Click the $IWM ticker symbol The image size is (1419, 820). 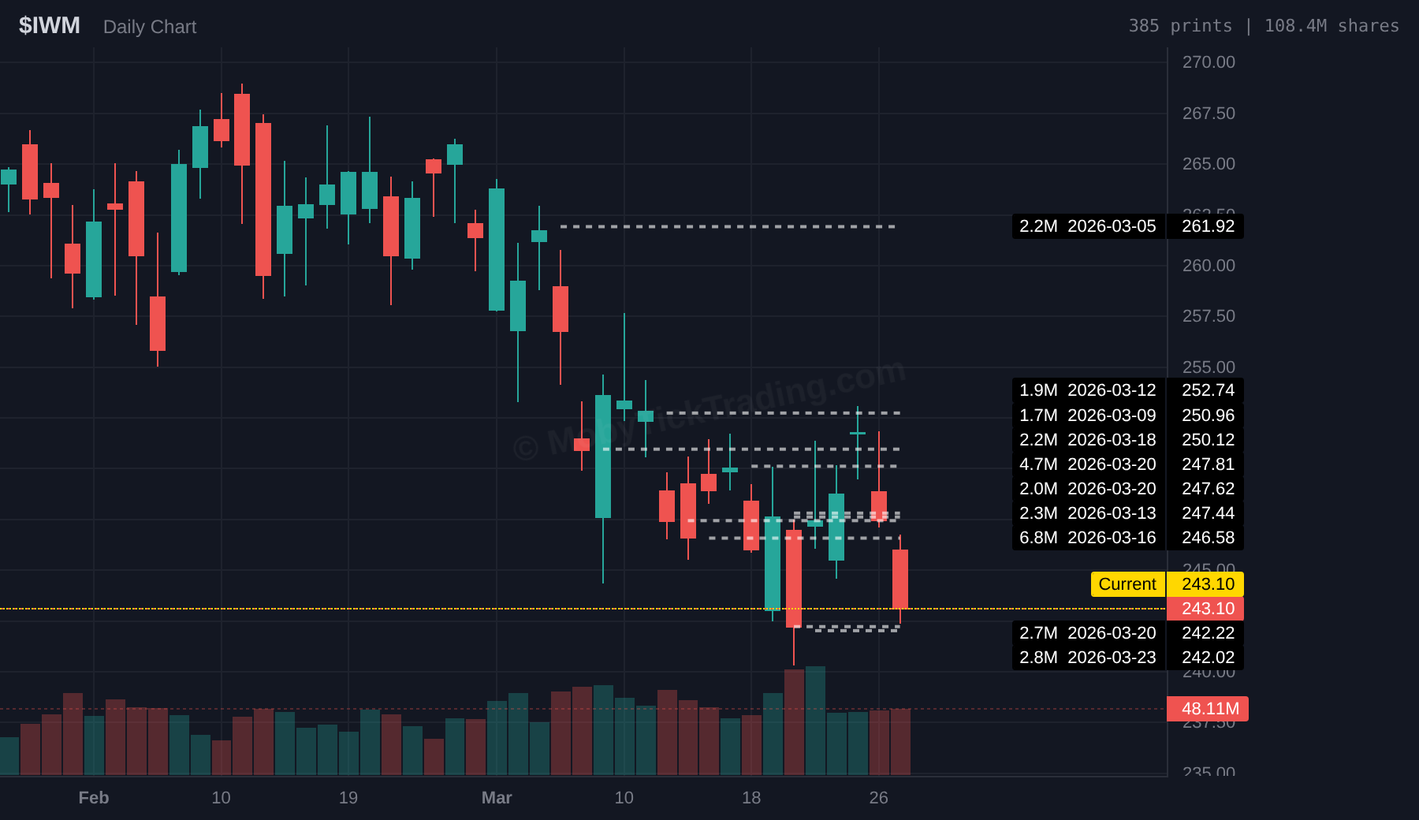click(49, 25)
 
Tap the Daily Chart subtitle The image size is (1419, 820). click(150, 27)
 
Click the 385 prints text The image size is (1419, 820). click(1179, 26)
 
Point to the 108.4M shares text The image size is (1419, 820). click(1331, 26)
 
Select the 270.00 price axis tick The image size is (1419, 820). click(1209, 62)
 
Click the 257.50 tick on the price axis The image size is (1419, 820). click(1209, 316)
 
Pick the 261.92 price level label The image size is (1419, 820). click(1208, 226)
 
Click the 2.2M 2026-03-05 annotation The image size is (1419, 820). click(1087, 226)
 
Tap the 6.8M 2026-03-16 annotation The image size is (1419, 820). click(1087, 538)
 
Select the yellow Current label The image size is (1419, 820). click(1127, 584)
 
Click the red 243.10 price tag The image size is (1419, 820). click(1207, 609)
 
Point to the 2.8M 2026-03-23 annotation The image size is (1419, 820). click(1087, 658)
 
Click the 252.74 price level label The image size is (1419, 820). click(1208, 390)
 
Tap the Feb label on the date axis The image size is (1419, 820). click(94, 798)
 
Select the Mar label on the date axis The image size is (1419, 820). click(497, 798)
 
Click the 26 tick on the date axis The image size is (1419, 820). click(878, 798)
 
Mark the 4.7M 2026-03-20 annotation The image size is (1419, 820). click(1087, 464)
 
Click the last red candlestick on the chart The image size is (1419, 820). click(899, 579)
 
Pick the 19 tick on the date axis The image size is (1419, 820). click(348, 798)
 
